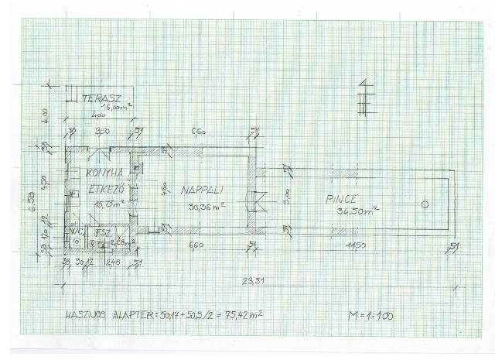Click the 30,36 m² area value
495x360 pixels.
205,206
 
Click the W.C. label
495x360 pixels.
77,231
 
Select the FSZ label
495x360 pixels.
101,231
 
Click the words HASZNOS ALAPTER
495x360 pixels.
113,317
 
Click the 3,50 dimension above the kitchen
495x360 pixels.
101,132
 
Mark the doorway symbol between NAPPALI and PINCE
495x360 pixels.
257,200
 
